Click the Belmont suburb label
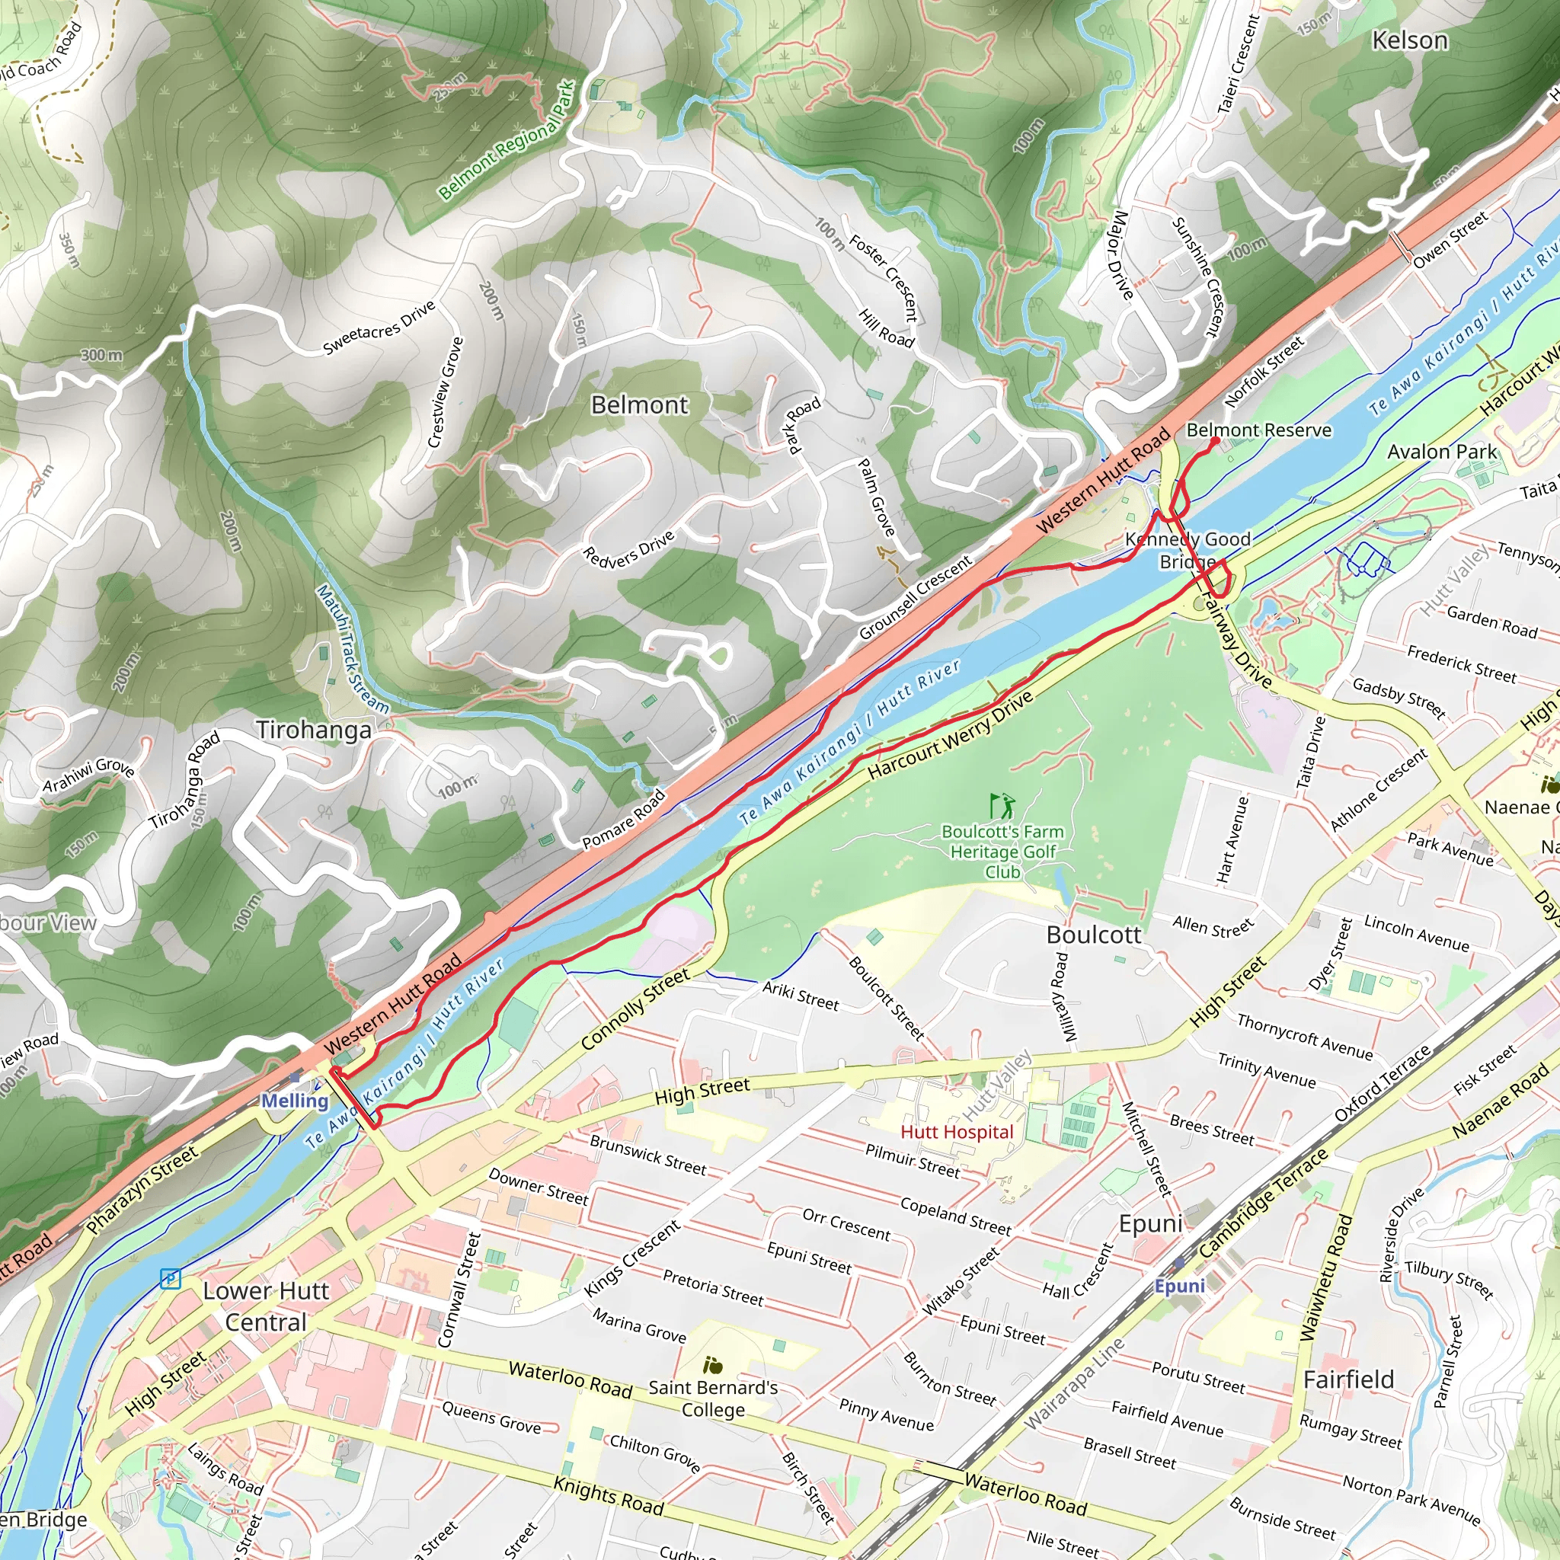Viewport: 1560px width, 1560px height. (x=640, y=404)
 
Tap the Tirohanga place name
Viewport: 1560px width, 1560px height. (x=314, y=730)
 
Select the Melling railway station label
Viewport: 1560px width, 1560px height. (x=295, y=1101)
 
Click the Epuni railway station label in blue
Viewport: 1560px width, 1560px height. (x=1179, y=1286)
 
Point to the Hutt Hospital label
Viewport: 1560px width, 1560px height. (x=957, y=1132)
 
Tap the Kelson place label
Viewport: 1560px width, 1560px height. (x=1410, y=40)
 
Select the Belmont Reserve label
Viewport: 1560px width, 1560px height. (x=1258, y=430)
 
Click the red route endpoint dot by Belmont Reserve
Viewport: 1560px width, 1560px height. (x=1215, y=441)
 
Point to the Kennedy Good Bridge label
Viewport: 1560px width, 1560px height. (x=1188, y=550)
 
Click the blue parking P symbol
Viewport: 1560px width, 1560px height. (x=171, y=1279)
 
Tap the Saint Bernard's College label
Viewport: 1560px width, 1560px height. (x=713, y=1399)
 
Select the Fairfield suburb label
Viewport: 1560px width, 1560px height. (x=1348, y=1379)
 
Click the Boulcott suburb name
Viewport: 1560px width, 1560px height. (x=1093, y=935)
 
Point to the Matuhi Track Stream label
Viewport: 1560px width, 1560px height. (x=352, y=649)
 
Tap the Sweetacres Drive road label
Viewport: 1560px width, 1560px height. (x=379, y=328)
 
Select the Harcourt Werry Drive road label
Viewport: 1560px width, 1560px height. (x=951, y=736)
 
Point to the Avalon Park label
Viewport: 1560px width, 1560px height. (x=1441, y=452)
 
